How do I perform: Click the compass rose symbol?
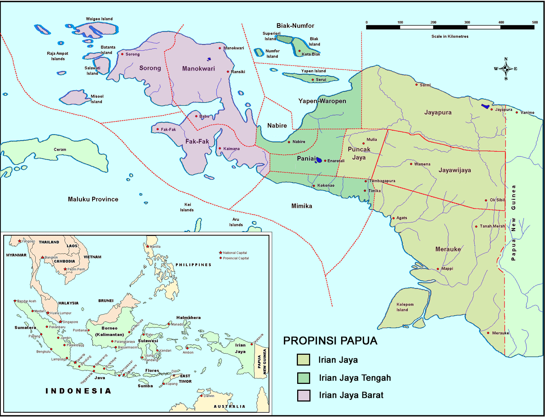[x=506, y=68]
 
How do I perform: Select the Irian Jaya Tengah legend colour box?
[x=303, y=378]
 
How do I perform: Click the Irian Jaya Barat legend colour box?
[x=303, y=395]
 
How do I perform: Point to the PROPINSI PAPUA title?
[x=330, y=341]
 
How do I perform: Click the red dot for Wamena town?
[x=411, y=164]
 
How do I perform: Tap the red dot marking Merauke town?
[x=488, y=333]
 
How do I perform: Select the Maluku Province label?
[x=93, y=199]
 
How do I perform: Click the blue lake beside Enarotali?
[x=318, y=160]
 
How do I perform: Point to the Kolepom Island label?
[x=405, y=307]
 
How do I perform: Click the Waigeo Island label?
[x=99, y=19]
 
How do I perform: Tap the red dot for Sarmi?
[x=416, y=85]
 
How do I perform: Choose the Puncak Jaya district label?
[x=359, y=153]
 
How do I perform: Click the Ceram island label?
[x=60, y=149]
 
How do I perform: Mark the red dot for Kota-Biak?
[x=299, y=51]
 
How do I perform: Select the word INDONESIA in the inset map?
[x=78, y=391]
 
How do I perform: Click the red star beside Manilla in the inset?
[x=148, y=246]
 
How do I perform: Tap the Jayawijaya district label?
[x=455, y=170]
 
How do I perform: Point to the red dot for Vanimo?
[x=517, y=113]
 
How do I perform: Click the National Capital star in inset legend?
[x=220, y=253]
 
